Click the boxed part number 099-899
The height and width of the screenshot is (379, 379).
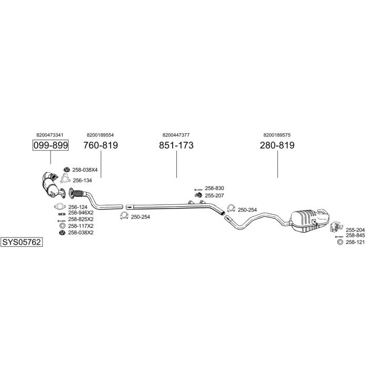point(51,145)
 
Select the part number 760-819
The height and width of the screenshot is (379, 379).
point(101,145)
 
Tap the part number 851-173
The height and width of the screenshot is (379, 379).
point(176,145)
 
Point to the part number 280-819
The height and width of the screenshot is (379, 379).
point(277,145)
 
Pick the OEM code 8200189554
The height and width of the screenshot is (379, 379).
point(101,134)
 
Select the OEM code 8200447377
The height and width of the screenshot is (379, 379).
point(176,134)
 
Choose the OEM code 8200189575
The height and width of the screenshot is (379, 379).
point(277,134)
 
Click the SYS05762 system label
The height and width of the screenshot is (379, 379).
point(21,242)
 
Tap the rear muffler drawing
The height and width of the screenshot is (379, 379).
point(308,220)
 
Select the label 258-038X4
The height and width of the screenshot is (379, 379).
point(85,170)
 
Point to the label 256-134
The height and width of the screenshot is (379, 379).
point(82,180)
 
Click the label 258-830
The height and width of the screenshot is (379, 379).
point(214,188)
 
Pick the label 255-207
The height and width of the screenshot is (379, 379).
point(214,195)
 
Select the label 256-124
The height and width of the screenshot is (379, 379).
point(77,207)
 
